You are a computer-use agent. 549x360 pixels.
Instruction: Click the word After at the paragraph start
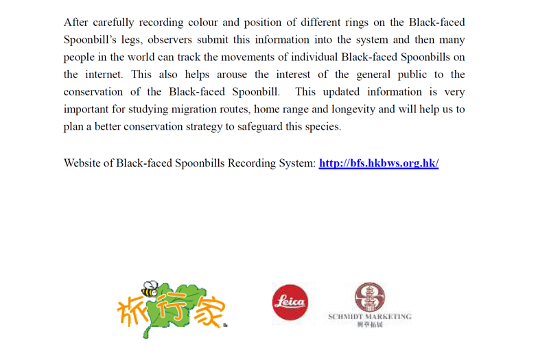coord(78,23)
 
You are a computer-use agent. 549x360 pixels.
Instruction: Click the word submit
coord(243,40)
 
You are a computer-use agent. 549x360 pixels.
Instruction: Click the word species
coord(323,126)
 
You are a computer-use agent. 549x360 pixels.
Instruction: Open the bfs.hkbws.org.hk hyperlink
coord(378,163)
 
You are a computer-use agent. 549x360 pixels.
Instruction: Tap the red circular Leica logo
coord(290,303)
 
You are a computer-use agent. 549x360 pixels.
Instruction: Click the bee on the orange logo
coord(149,288)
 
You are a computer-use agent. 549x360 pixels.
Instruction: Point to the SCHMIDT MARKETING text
coord(370,317)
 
